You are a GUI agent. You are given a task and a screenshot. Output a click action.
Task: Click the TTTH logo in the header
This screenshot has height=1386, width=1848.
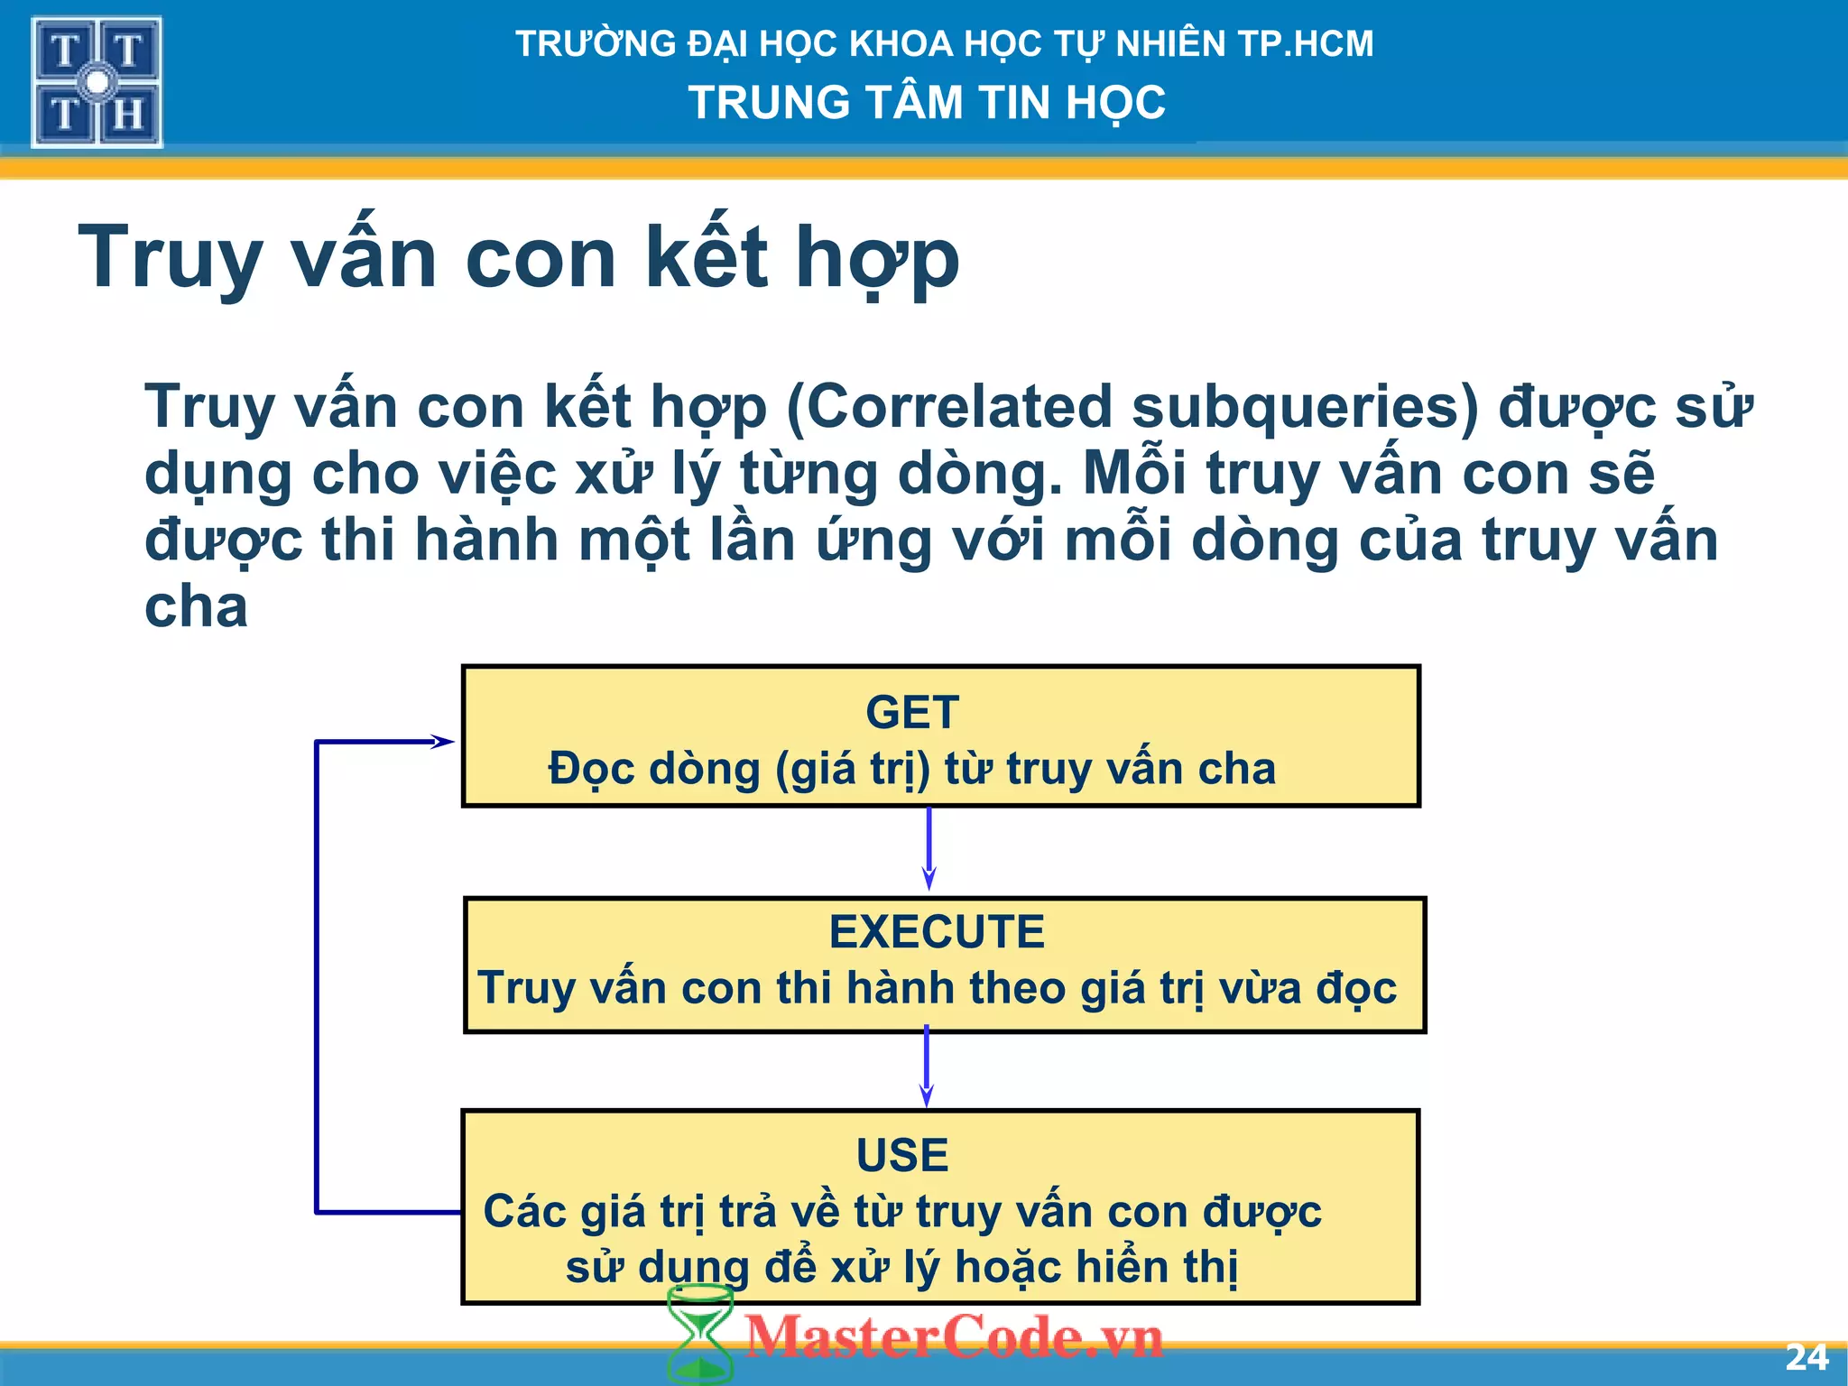tap(97, 82)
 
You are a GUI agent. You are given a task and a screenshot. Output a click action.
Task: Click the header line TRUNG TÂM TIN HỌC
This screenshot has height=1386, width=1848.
tap(927, 102)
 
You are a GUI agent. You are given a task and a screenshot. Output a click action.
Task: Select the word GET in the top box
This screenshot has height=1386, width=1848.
tap(911, 713)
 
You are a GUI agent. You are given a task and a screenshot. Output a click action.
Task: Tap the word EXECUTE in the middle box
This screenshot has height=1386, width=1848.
tap(937, 932)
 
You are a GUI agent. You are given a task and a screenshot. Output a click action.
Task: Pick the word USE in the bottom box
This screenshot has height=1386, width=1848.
tap(902, 1155)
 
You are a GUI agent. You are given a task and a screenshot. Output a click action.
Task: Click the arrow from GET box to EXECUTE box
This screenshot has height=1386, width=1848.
tap(929, 848)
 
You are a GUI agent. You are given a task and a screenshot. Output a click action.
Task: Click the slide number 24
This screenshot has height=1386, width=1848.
tap(1806, 1357)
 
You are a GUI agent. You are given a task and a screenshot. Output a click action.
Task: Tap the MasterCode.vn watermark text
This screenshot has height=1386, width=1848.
tap(954, 1336)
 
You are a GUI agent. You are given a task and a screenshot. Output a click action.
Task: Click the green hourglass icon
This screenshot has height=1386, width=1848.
tap(699, 1335)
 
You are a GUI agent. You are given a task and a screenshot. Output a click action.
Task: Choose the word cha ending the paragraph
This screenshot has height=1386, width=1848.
tap(196, 606)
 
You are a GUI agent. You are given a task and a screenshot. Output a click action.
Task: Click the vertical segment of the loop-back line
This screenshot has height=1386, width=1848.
tap(317, 975)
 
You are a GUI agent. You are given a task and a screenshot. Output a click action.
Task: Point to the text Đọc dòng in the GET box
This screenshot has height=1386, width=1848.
tap(654, 770)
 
